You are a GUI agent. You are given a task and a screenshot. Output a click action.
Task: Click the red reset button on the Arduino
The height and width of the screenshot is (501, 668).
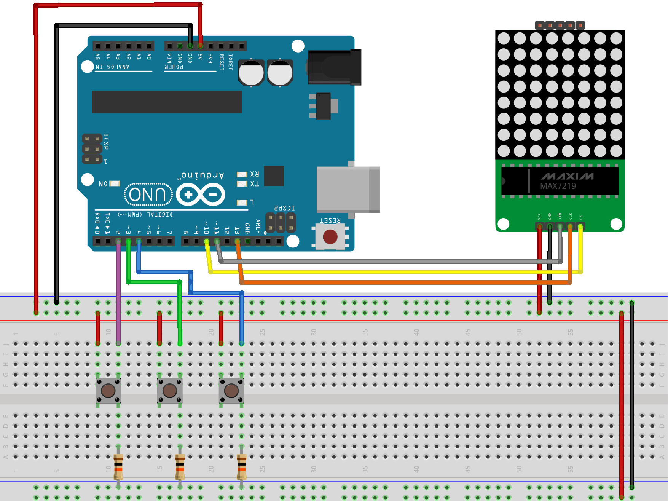click(330, 236)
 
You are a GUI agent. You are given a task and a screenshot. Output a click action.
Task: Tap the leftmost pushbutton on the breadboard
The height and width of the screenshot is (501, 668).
click(108, 391)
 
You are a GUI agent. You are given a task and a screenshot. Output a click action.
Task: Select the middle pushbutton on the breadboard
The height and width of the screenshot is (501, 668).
click(170, 391)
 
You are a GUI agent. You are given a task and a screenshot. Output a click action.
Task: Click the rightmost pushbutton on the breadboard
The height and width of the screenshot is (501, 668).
click(231, 391)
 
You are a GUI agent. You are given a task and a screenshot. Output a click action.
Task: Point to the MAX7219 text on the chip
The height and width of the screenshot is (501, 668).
click(558, 186)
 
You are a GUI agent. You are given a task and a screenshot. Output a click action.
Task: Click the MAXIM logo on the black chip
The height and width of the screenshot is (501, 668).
click(567, 176)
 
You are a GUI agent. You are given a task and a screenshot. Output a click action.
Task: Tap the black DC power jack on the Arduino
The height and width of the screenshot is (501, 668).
click(334, 67)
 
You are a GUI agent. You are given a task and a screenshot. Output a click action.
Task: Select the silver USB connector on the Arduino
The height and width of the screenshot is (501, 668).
click(347, 189)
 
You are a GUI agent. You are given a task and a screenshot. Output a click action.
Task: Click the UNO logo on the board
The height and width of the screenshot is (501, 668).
click(148, 195)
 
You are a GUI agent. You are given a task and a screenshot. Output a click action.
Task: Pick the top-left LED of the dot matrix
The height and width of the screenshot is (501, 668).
click(504, 38)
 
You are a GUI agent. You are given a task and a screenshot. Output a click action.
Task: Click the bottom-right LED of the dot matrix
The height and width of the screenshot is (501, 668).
click(616, 151)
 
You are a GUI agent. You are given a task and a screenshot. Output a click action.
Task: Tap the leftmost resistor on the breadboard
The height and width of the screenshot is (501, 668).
click(118, 466)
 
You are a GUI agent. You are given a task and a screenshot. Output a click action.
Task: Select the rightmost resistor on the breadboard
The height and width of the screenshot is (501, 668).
click(242, 466)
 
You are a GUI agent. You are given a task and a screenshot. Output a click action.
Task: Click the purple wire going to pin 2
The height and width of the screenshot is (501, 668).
click(118, 289)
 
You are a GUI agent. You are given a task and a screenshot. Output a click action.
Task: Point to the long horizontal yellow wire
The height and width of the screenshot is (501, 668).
click(381, 272)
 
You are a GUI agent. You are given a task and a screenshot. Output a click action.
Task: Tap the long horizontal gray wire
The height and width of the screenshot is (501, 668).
click(381, 262)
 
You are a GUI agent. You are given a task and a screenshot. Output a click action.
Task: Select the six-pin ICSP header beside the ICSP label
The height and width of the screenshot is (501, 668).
click(92, 149)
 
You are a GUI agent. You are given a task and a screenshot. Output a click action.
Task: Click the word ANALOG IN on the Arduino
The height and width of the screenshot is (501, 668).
click(113, 67)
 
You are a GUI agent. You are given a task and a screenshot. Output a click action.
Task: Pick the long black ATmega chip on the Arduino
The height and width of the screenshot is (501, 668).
click(167, 102)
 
